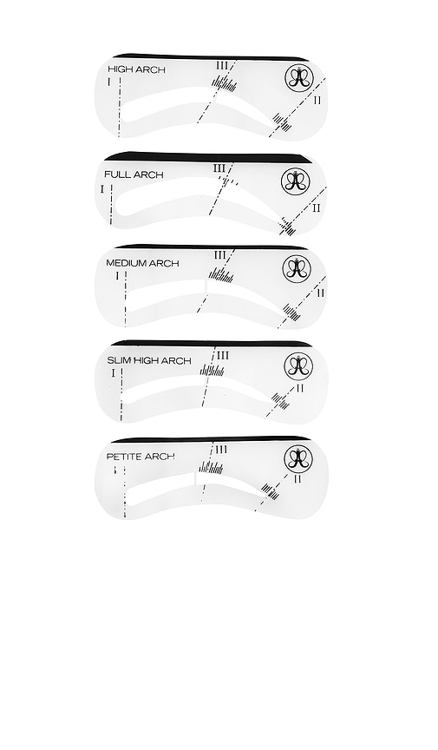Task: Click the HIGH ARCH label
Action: point(136,69)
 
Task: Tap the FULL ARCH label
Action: point(134,174)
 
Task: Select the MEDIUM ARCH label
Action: point(142,263)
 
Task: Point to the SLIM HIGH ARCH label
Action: point(148,360)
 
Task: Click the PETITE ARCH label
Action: point(141,457)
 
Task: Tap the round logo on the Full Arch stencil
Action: point(296,181)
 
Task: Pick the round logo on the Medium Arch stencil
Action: point(296,268)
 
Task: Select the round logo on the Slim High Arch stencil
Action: point(297,365)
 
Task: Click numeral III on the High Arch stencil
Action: point(222,65)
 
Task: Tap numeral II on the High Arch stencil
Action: point(317,101)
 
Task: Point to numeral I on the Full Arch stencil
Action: point(102,188)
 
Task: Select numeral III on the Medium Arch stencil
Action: point(219,255)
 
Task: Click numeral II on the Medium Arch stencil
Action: point(320,293)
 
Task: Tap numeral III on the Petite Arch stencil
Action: point(221,450)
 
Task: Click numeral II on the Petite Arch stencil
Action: point(297,478)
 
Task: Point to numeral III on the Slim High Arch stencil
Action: point(223,355)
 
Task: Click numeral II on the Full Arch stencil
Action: point(316,207)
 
